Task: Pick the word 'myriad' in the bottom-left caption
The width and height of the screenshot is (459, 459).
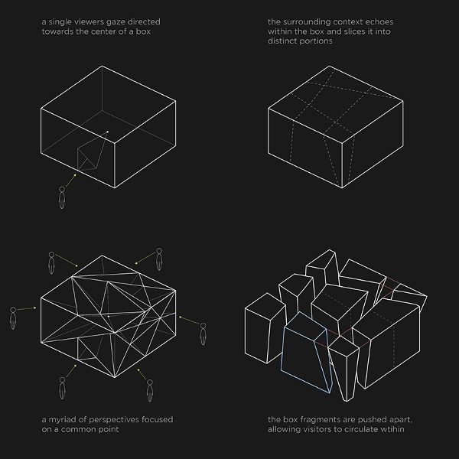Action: tap(63, 420)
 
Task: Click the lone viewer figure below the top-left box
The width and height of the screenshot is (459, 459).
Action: tap(62, 197)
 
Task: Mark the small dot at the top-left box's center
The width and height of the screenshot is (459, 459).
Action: tap(107, 132)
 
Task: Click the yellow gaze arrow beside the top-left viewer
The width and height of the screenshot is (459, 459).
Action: tap(70, 181)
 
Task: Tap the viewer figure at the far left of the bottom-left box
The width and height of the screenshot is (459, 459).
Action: tap(13, 318)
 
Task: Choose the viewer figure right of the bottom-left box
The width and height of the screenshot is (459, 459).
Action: tap(203, 334)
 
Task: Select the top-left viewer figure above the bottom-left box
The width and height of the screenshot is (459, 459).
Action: tap(51, 263)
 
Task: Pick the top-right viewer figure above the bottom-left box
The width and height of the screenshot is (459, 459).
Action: tap(159, 259)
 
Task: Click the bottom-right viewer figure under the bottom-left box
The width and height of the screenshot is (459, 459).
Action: tap(150, 390)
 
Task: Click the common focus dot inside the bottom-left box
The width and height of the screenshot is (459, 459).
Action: tap(109, 317)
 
